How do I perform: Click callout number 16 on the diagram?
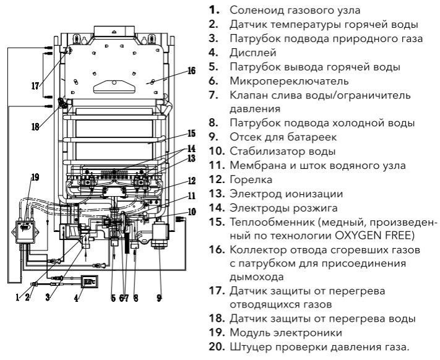coord(191,71)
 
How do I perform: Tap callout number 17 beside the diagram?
coord(35,86)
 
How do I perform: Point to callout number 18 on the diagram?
coord(35,127)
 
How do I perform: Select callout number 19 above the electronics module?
coord(35,177)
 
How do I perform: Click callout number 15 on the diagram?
coord(191,133)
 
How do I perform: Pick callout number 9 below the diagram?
coord(160,298)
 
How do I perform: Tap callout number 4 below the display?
coord(77,298)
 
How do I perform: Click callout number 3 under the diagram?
coord(48,297)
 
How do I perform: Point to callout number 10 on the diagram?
coord(192,212)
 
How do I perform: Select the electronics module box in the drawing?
coord(25,232)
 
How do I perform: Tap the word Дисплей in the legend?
coord(253,53)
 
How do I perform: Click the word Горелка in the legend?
coord(251,180)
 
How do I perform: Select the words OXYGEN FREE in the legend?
coord(372,236)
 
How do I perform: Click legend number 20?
coord(217,347)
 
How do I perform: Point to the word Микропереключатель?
coord(290,81)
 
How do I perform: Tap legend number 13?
coord(217,194)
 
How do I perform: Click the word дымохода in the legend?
coord(257,277)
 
